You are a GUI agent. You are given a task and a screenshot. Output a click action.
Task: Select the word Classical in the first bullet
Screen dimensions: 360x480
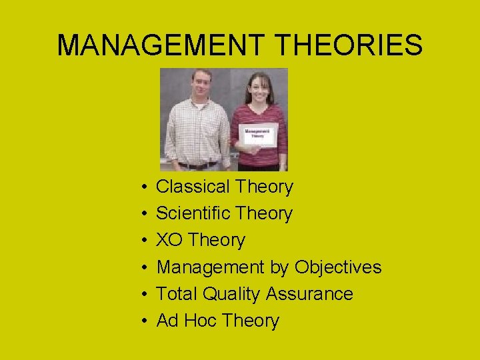(187, 187)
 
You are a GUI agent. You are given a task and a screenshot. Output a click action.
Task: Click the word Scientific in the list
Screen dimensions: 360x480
(189, 213)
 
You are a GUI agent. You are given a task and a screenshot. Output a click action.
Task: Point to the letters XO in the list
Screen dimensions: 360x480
(169, 240)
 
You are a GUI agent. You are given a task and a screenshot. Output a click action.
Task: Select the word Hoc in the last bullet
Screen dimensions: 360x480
(201, 320)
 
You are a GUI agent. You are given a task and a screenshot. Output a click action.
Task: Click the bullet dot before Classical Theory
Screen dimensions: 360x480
(144, 187)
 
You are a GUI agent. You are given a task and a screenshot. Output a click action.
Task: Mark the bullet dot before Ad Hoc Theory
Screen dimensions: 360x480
(144, 321)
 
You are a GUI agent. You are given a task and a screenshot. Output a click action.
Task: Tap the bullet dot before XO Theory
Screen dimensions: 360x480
(144, 241)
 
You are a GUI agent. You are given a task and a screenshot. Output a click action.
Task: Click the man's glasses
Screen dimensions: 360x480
(201, 83)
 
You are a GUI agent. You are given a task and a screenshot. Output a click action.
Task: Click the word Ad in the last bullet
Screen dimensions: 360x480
(167, 320)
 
